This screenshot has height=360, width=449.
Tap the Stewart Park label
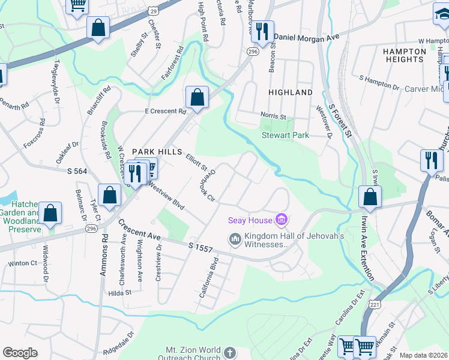coord(285,135)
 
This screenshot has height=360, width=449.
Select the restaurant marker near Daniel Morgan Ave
coord(262,31)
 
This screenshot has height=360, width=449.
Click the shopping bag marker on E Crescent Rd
coord(197,97)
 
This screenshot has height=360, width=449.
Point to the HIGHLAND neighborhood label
coord(291,92)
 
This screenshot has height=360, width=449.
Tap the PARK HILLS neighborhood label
coord(157,152)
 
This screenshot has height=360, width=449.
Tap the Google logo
coord(20,353)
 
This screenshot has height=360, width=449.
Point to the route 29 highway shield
coord(154,11)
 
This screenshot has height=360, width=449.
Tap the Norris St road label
coord(273,115)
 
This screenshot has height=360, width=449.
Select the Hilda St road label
coord(120,293)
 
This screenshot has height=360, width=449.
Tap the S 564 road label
coord(76,172)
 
